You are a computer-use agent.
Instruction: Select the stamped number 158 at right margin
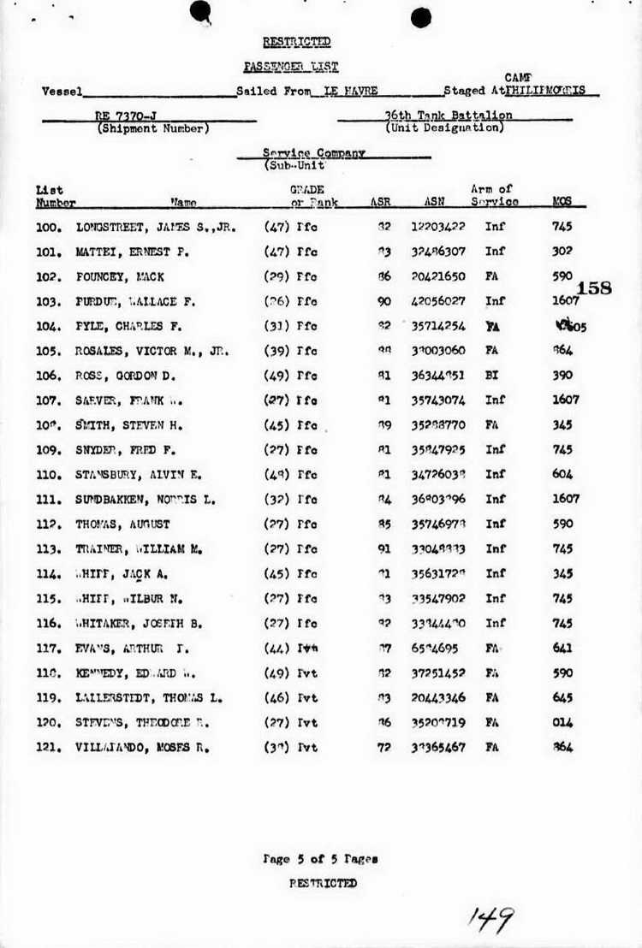595,288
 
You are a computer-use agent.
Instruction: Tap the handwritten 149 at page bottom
490,921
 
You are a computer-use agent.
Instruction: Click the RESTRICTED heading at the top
296,42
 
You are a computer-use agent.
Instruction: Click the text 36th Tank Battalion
449,116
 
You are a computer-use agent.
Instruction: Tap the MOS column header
562,203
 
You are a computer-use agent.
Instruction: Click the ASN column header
433,203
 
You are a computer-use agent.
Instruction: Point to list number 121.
49,747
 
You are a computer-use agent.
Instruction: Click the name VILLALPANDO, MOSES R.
143,747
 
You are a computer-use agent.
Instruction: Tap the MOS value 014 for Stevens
562,722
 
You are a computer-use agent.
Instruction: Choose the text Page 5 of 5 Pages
320,858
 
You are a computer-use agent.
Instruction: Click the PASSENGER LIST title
291,66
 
